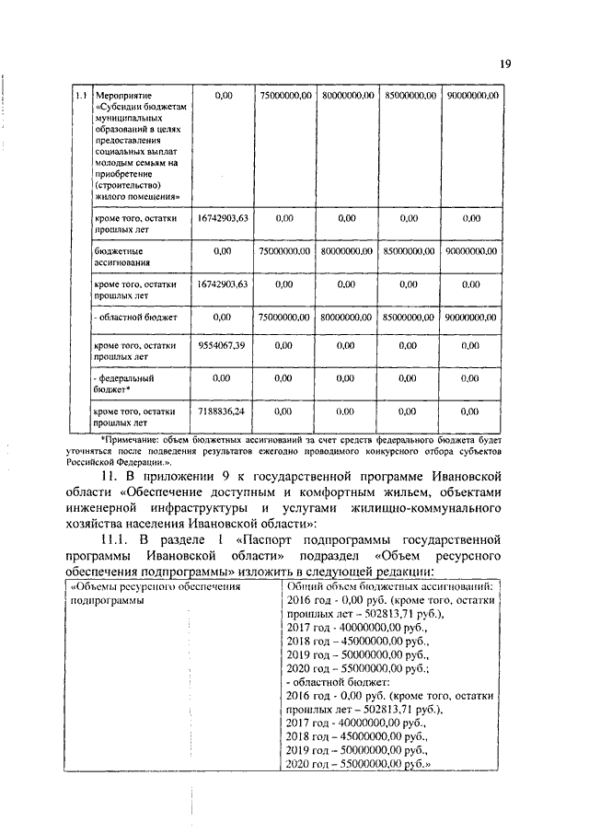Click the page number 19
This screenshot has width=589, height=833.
505,64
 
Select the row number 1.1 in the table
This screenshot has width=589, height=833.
81,96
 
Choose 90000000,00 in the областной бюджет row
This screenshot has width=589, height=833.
471,317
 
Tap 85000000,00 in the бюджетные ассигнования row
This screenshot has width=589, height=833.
410,249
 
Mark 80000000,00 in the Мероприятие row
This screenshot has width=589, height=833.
348,95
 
